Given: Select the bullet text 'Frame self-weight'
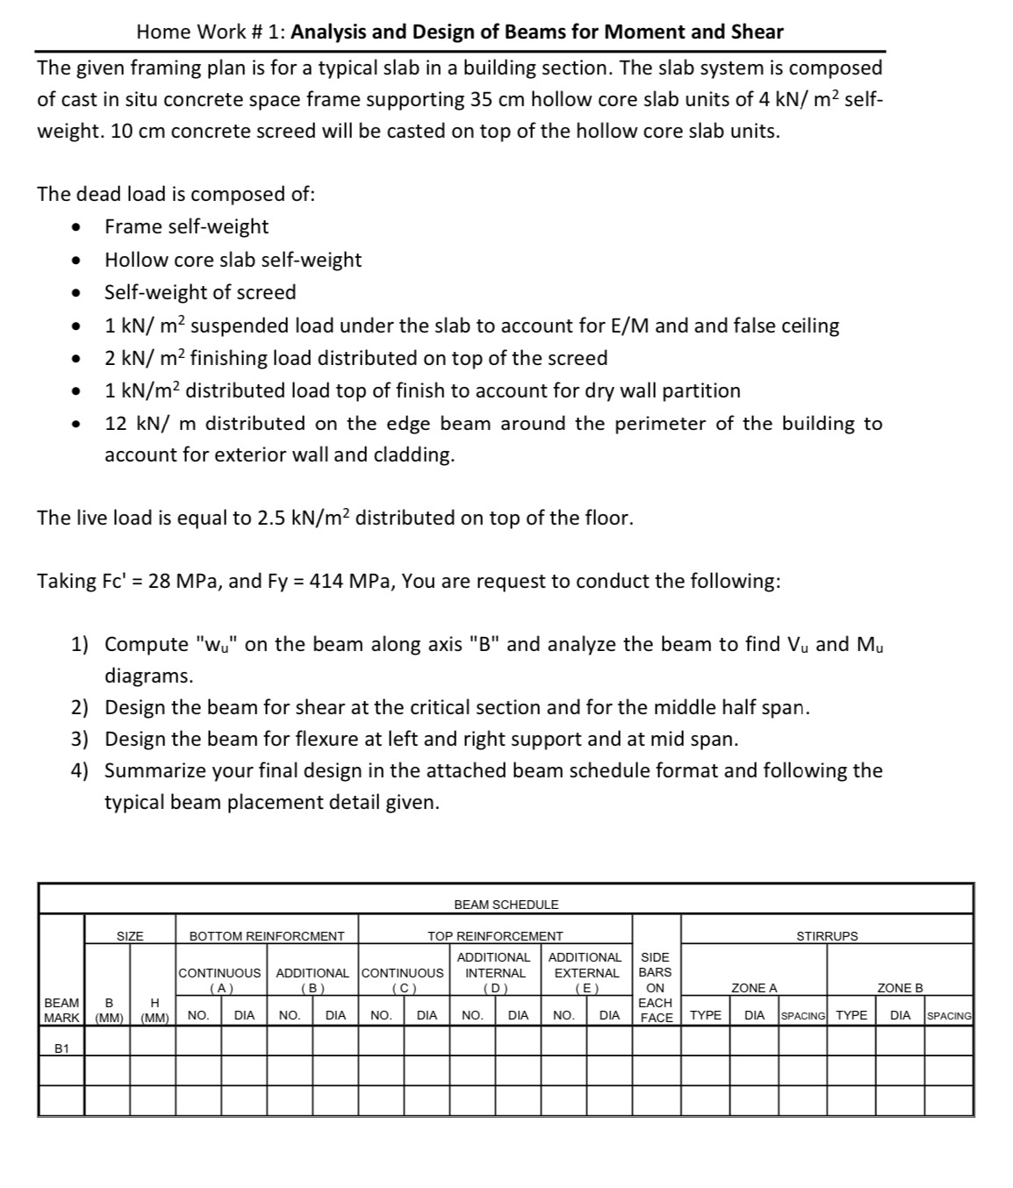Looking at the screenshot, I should [186, 226].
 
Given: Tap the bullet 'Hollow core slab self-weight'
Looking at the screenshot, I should [233, 260].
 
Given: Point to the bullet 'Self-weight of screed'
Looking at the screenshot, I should [200, 292].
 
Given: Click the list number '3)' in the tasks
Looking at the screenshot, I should [80, 739].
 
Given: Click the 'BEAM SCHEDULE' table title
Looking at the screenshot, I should [506, 905].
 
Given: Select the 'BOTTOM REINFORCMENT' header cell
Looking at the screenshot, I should [267, 936].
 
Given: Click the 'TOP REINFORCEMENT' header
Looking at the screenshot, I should [495, 936].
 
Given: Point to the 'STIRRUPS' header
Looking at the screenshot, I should [827, 936].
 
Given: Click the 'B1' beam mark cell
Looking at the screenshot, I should [61, 1048].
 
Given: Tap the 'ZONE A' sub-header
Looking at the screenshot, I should [754, 988].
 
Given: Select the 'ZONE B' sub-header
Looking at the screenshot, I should [900, 988].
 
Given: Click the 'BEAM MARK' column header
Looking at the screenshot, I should [61, 1010].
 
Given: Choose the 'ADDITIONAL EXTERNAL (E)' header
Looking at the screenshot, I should [585, 972].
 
